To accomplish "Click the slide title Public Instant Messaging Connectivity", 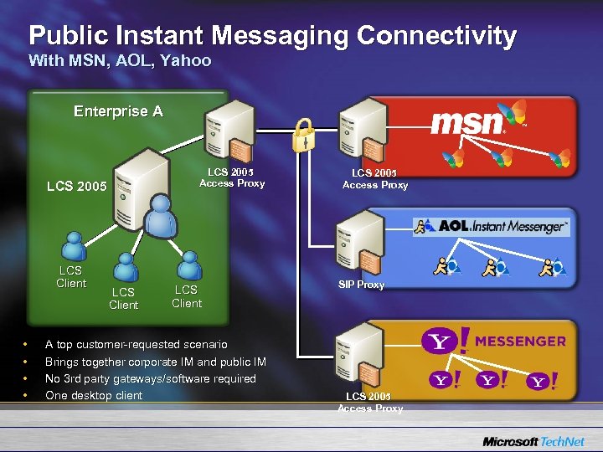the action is tap(272, 36).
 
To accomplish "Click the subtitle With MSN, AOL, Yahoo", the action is tap(120, 61).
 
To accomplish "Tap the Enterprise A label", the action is tap(118, 111).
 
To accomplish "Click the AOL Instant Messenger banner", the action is tap(492, 226).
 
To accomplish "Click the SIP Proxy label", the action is tap(361, 285).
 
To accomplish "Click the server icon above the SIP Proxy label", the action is tap(359, 239).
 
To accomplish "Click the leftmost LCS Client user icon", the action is tap(71, 246).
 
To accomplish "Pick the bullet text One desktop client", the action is tap(94, 395).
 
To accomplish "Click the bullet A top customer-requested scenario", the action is tap(136, 344).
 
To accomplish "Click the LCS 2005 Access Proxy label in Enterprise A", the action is tap(231, 177).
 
